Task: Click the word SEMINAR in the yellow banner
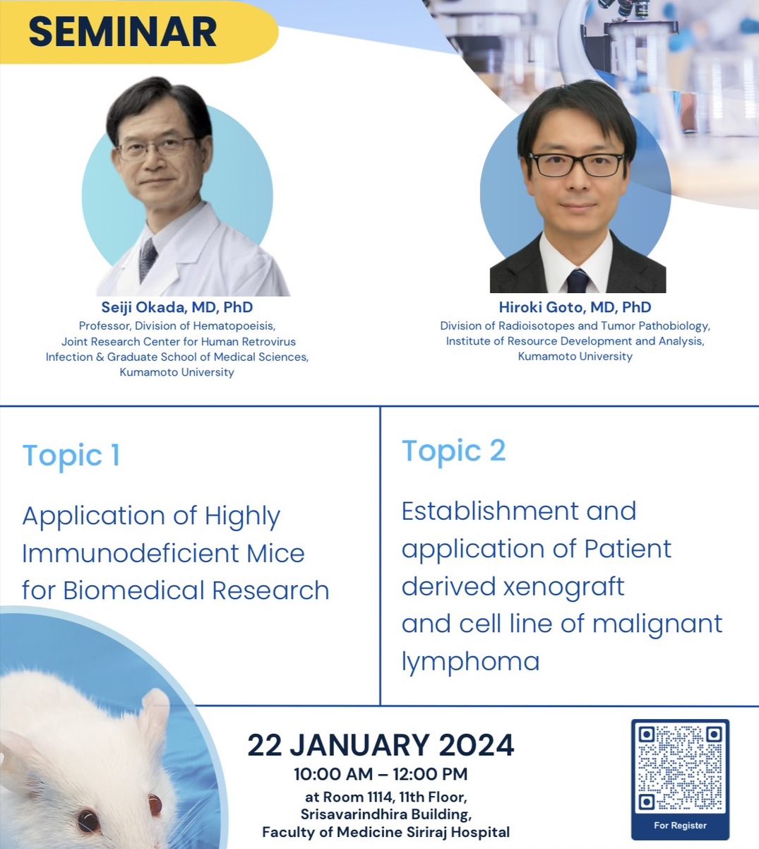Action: click(122, 32)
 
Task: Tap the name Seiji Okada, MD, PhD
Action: click(177, 307)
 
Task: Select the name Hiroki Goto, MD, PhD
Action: click(575, 307)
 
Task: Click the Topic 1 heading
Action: click(71, 456)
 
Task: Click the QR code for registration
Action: click(680, 768)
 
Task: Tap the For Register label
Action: click(680, 825)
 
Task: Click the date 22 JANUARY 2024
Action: click(381, 745)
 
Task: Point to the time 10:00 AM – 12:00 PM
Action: click(381, 774)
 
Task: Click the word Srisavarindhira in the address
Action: click(354, 814)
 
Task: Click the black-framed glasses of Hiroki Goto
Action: click(577, 165)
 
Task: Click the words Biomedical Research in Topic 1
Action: click(196, 591)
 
